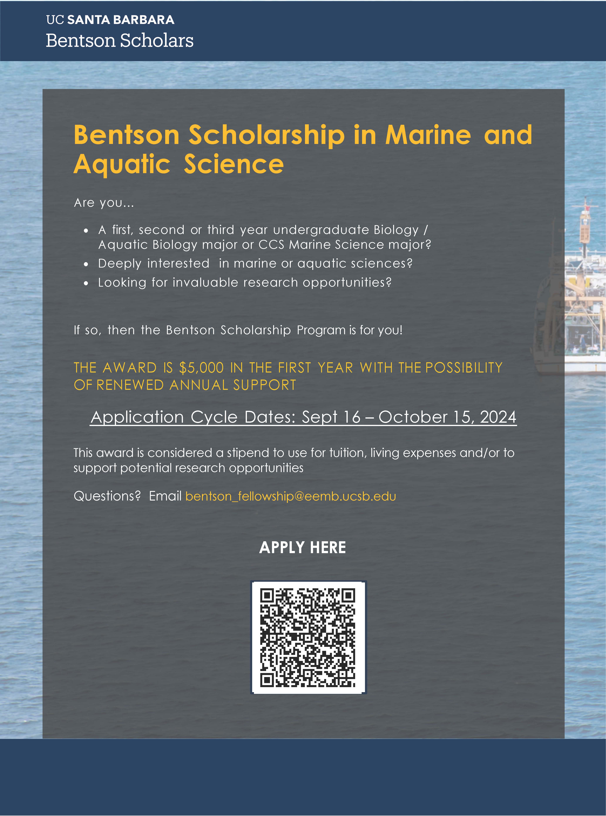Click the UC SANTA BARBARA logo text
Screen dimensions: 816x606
110,20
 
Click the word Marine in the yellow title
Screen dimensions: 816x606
428,135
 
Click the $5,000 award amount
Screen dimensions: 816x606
201,368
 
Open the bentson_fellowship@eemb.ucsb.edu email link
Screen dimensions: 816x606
290,496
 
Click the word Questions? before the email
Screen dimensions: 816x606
107,496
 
